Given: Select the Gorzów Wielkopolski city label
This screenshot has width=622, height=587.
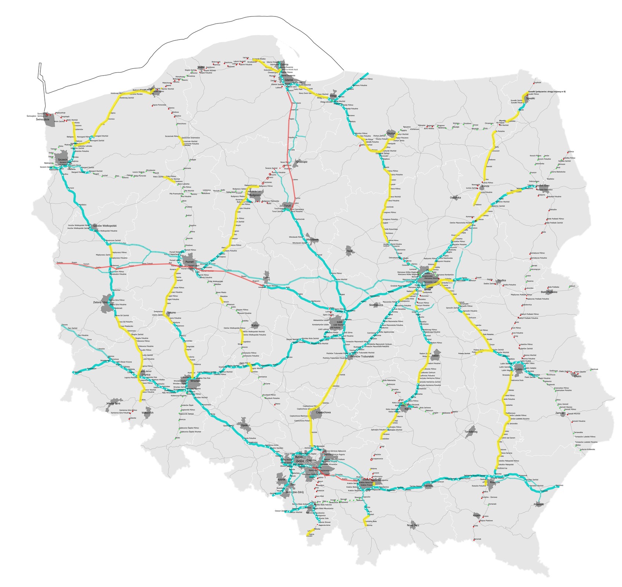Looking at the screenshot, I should point(105,226).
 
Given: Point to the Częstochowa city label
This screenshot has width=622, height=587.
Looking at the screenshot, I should point(321,412).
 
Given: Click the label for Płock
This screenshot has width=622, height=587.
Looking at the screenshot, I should point(349,252).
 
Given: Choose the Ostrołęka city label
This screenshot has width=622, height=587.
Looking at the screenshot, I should point(455,198).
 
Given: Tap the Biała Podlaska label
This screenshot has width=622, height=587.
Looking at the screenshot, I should point(549,292).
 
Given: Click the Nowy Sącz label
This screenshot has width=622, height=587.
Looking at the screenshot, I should point(413,526).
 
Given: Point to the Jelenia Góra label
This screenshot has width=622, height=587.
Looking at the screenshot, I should point(113,404).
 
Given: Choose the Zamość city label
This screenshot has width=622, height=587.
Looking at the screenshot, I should point(560,413).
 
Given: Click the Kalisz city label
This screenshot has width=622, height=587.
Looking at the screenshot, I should point(255,325).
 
